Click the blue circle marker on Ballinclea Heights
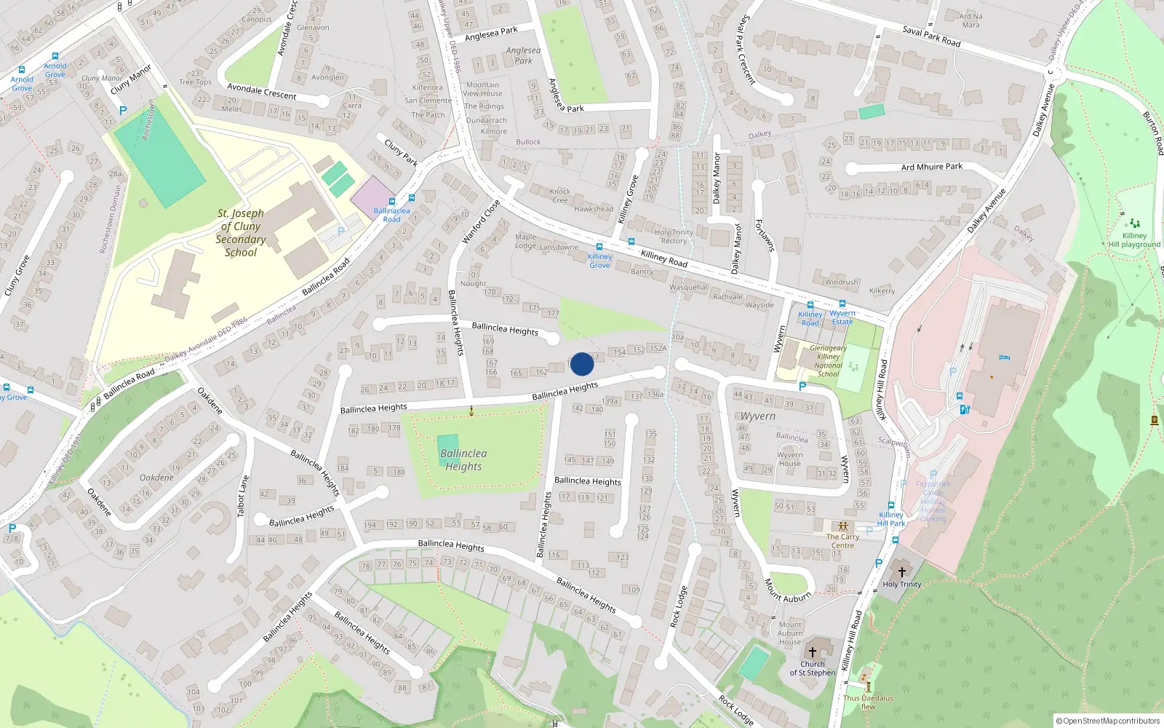click(x=581, y=364)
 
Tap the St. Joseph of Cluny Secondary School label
click(x=241, y=233)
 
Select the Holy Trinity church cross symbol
click(x=901, y=572)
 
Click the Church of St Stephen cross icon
click(x=813, y=652)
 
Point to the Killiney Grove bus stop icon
click(x=599, y=248)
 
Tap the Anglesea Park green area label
click(x=523, y=55)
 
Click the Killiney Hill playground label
click(x=1133, y=240)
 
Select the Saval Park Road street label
click(x=931, y=36)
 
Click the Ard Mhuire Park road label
click(x=931, y=167)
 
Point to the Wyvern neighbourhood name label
click(x=758, y=416)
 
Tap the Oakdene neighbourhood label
click(x=156, y=478)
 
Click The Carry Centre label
click(x=842, y=541)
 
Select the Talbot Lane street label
click(x=243, y=496)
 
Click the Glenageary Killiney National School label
click(x=828, y=361)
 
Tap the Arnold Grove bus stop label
click(x=22, y=84)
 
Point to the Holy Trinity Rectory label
click(x=674, y=237)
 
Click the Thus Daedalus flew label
click(x=868, y=702)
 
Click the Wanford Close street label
click(x=481, y=221)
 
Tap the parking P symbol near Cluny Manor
click(x=122, y=111)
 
